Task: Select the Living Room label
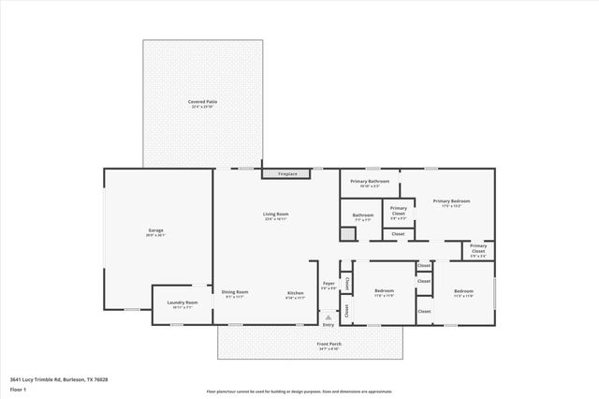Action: point(275,214)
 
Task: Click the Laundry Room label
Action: point(182,303)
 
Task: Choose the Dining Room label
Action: point(235,292)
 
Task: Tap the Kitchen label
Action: point(295,292)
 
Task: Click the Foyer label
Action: point(329,284)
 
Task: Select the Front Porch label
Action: point(329,345)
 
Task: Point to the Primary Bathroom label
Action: point(370,181)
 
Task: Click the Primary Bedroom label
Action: point(451,200)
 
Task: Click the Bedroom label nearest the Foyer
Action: point(384,291)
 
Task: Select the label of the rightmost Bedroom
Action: point(464,291)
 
